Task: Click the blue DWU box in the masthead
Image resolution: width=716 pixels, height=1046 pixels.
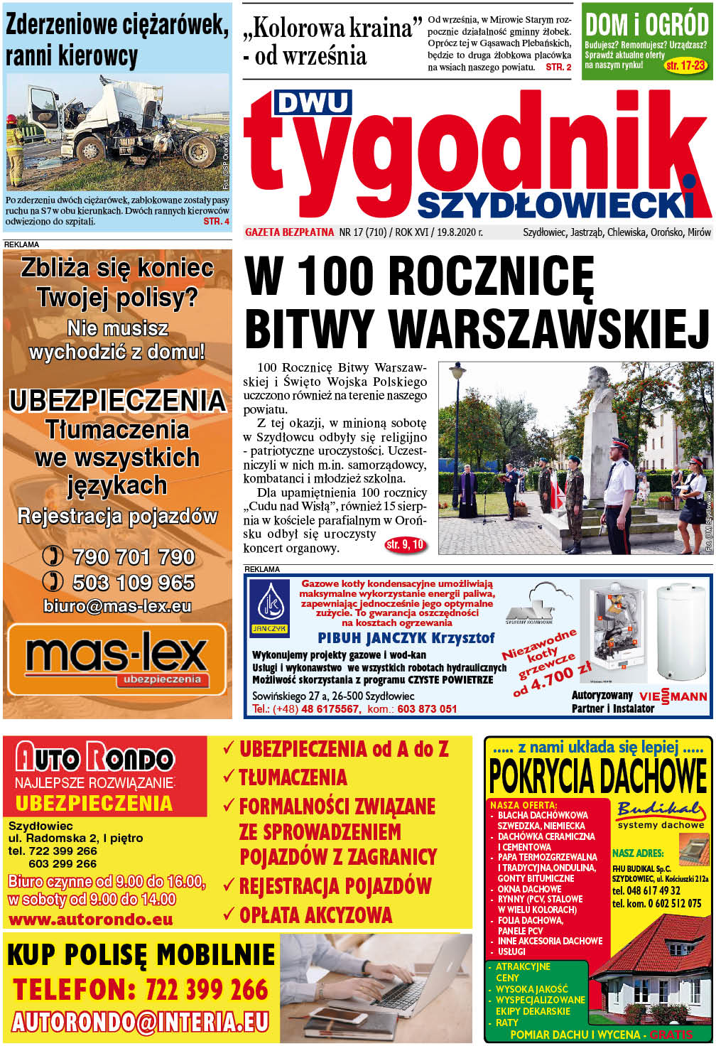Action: (x=313, y=103)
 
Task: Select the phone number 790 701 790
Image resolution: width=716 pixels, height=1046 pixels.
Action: (x=133, y=557)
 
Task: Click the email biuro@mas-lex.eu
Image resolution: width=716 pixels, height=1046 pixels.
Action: (x=117, y=606)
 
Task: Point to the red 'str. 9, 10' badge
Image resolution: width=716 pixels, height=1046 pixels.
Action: (x=405, y=545)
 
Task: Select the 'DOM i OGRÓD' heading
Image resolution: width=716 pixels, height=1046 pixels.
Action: (x=646, y=26)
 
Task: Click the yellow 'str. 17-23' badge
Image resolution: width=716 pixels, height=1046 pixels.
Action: (x=685, y=66)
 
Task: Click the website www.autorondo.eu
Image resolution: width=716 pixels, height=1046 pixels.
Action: (x=90, y=920)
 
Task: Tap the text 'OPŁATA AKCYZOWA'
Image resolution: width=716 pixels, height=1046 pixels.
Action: (x=315, y=915)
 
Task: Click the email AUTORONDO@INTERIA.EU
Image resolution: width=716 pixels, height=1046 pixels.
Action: (x=141, y=1022)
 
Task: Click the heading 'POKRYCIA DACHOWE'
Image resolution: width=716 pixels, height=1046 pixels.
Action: (x=598, y=777)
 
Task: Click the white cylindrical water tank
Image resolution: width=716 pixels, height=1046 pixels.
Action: (x=680, y=632)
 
